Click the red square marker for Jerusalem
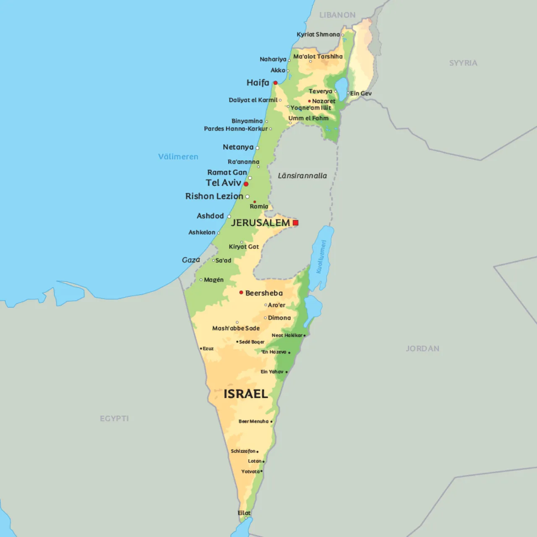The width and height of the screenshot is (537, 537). click(295, 223)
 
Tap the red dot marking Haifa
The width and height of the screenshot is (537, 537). click(275, 83)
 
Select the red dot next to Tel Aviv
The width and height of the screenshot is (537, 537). click(246, 184)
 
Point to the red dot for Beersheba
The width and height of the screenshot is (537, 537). click(241, 292)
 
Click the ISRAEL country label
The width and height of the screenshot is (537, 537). click(245, 394)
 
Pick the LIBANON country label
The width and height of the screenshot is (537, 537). click(337, 15)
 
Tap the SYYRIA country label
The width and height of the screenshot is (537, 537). click(463, 63)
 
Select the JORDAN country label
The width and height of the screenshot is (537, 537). click(422, 349)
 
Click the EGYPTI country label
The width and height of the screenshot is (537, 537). click(114, 418)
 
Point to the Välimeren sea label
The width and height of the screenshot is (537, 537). click(178, 156)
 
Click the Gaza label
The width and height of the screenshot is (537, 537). click(191, 260)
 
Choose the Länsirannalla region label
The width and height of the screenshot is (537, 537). click(302, 176)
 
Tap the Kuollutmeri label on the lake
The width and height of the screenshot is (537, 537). click(321, 256)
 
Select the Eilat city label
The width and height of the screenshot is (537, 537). click(244, 513)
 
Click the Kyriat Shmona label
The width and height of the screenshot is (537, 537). click(318, 34)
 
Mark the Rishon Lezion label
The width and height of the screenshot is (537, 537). click(214, 196)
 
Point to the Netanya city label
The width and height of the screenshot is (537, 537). click(238, 147)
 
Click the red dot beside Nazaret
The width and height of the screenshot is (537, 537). click(310, 101)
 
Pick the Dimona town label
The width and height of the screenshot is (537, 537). click(279, 318)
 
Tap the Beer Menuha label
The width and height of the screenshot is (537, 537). click(253, 421)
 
